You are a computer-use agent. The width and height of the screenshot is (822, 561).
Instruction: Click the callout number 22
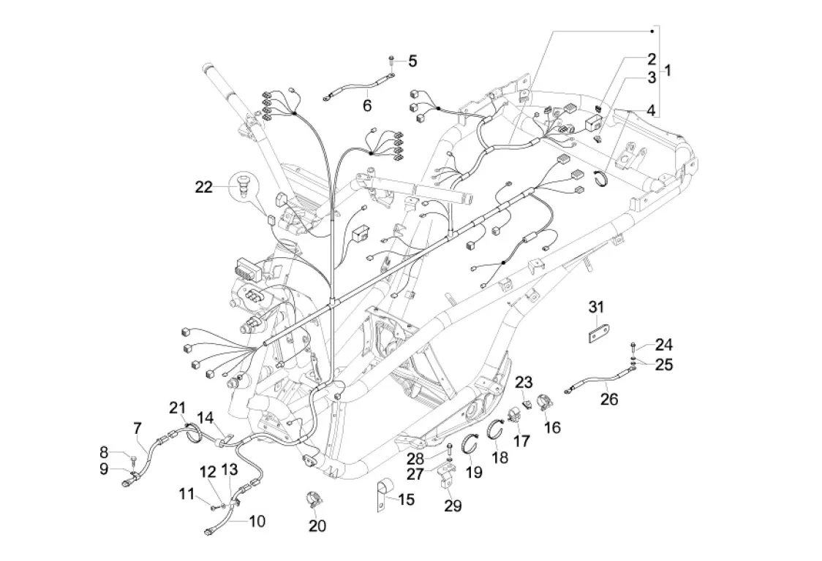click(x=203, y=188)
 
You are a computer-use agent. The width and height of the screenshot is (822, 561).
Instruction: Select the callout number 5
click(x=412, y=61)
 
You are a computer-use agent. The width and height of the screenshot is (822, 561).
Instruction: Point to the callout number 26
click(x=608, y=400)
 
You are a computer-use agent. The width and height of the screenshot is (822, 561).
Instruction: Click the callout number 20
click(x=317, y=525)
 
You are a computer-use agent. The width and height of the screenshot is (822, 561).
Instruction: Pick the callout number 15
click(x=406, y=500)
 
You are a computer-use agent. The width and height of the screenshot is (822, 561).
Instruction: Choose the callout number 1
click(x=667, y=71)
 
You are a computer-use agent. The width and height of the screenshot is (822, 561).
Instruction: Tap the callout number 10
click(x=257, y=522)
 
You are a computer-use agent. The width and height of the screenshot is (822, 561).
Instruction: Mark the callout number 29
click(x=453, y=505)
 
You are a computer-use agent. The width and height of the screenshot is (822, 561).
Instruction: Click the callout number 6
click(x=367, y=106)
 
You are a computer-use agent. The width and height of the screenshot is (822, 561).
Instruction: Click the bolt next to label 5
click(x=392, y=58)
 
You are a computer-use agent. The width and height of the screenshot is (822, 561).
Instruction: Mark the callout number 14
click(x=205, y=417)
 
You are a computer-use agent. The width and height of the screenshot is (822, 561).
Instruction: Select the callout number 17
click(x=522, y=440)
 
